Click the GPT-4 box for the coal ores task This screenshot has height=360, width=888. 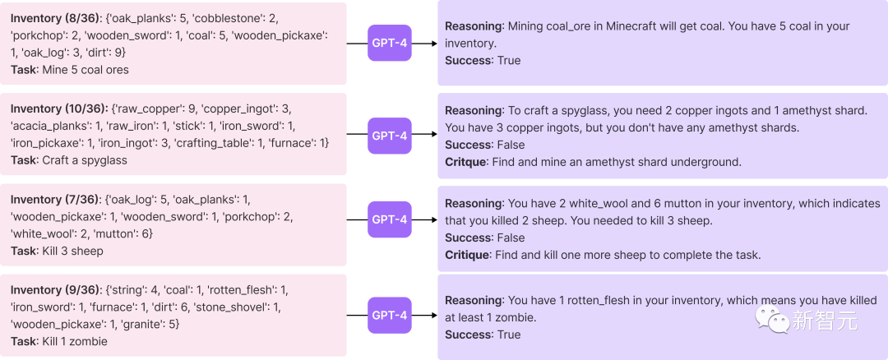point(390,43)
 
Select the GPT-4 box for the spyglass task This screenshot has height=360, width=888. point(390,136)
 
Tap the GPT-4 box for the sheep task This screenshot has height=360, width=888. point(390,219)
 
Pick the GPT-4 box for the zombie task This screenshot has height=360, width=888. point(390,316)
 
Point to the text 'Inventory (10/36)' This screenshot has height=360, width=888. point(58,108)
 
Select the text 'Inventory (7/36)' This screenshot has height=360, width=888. point(55,199)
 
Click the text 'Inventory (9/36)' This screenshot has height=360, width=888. point(55,290)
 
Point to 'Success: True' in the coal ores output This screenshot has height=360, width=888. point(483,61)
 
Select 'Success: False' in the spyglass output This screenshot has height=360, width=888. point(485,145)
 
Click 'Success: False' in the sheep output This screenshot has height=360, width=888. point(485,238)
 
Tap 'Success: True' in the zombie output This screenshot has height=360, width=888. point(483,335)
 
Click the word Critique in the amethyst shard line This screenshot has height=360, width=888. point(465,163)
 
